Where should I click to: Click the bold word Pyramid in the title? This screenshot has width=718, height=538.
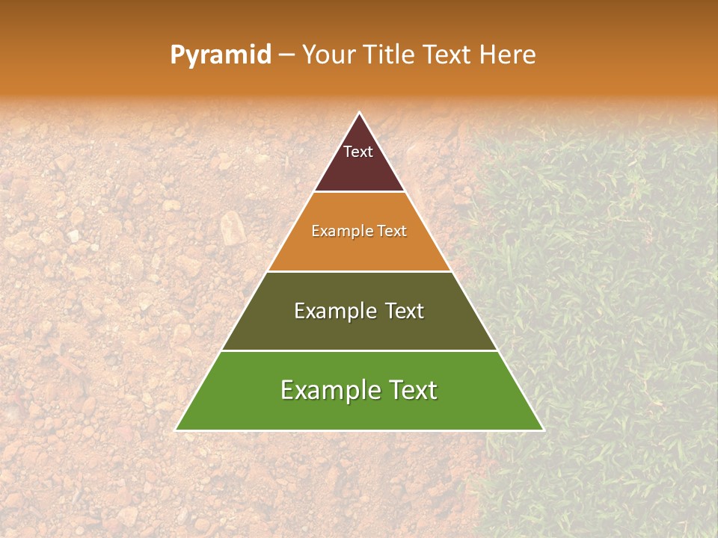pyautogui.click(x=221, y=55)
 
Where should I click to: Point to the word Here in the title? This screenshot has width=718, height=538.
pyautogui.click(x=508, y=55)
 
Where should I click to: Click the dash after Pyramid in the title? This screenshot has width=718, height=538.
pyautogui.click(x=286, y=55)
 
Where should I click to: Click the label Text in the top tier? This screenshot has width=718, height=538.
pyautogui.click(x=358, y=152)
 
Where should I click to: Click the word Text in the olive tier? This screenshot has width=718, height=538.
pyautogui.click(x=404, y=311)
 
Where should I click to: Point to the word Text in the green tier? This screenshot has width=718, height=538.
pyautogui.click(x=411, y=390)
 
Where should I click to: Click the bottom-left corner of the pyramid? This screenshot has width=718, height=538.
pyautogui.click(x=177, y=430)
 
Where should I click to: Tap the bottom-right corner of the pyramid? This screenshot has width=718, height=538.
pyautogui.click(x=542, y=430)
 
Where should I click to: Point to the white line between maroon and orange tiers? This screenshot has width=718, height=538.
pyautogui.click(x=359, y=192)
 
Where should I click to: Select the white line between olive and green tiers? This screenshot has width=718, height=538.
pyautogui.click(x=359, y=350)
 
